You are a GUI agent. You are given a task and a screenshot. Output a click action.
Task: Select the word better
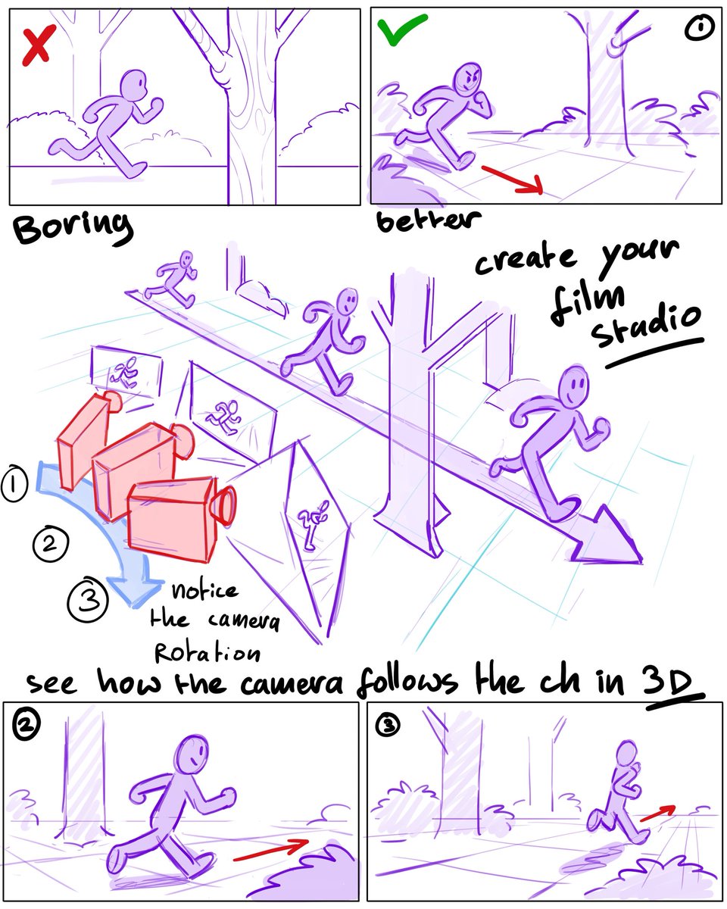pos(429,220)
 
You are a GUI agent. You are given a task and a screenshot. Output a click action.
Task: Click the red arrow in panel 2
pos(270,850)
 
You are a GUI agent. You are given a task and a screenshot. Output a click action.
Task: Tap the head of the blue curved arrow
pos(135,591)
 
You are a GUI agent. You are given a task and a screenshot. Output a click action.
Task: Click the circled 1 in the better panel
pos(697,30)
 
